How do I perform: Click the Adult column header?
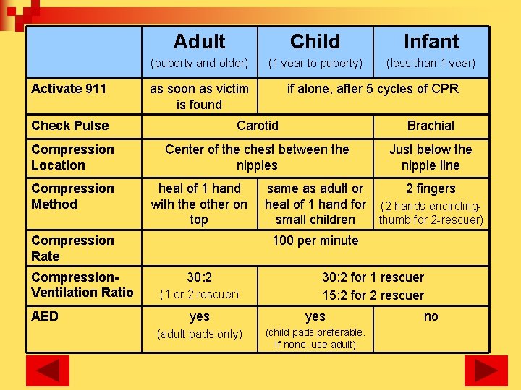(199, 42)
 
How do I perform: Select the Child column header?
(315, 42)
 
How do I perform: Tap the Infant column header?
(431, 42)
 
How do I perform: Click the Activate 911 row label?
(69, 89)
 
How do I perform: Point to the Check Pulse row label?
(70, 126)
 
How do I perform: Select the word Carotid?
(258, 126)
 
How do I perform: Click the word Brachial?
(431, 126)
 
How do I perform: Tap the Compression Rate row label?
(72, 248)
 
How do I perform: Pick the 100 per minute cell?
(315, 240)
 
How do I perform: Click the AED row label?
(45, 316)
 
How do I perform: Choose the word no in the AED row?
(431, 316)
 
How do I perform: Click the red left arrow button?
(48, 370)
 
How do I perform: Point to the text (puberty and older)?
(199, 64)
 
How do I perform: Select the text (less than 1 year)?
(431, 64)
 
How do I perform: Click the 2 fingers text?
(431, 188)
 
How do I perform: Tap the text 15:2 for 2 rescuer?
(373, 295)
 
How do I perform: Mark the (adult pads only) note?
(199, 334)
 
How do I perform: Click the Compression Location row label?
(72, 157)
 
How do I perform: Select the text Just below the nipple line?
(431, 157)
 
